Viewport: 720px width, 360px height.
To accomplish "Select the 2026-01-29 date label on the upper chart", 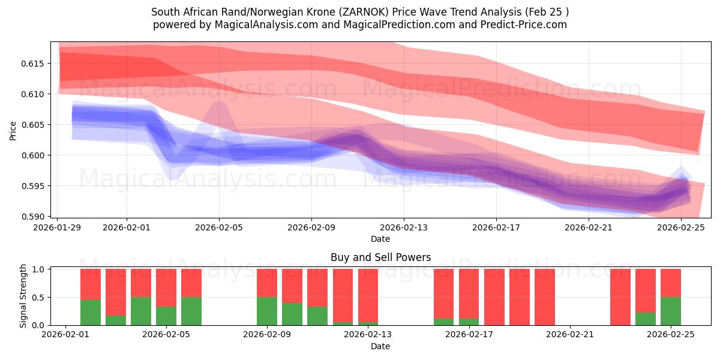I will pyautogui.click(x=58, y=228).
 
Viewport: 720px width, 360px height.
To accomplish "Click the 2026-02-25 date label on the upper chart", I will pyautogui.click(x=682, y=228).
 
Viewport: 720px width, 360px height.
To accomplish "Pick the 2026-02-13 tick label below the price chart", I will pyautogui.click(x=404, y=228).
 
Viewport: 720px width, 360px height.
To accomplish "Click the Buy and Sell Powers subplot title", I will pyautogui.click(x=380, y=257).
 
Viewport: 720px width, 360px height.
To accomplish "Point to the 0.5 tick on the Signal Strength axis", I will pyautogui.click(x=40, y=297).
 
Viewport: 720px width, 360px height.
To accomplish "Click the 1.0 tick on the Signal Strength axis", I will pyautogui.click(x=40, y=269).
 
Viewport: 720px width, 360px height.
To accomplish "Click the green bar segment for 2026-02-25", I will pyautogui.click(x=670, y=311).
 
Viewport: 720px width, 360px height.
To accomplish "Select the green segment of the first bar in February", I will pyautogui.click(x=90, y=313).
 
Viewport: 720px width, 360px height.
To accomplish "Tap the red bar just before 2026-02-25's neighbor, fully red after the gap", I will pyautogui.click(x=620, y=297).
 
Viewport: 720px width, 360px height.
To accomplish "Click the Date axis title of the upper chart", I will pyautogui.click(x=380, y=239).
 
